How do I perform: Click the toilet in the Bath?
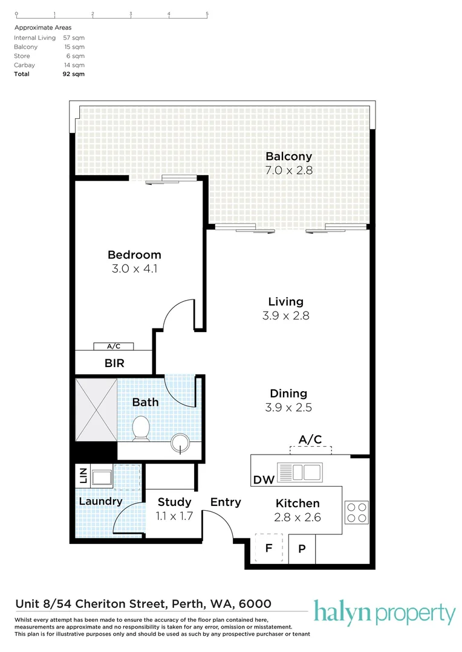tap(141, 428)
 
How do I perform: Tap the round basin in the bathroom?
tap(180, 443)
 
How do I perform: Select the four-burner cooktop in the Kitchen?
tap(357, 513)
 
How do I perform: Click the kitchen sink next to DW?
tap(299, 472)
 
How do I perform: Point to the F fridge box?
tap(269, 548)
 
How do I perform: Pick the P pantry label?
tap(302, 549)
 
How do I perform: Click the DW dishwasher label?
tap(264, 480)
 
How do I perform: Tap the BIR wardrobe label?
tap(114, 363)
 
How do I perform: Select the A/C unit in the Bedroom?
tap(114, 346)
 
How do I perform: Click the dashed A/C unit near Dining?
tap(311, 450)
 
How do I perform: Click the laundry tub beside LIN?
tap(102, 478)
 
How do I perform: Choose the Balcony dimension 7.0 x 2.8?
tap(288, 170)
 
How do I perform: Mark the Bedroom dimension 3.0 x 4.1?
tap(134, 269)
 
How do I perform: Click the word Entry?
tap(226, 502)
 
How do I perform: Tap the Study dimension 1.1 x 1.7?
tap(174, 516)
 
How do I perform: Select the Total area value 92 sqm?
tap(74, 74)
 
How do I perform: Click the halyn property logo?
tap(385, 613)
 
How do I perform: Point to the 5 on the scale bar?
tap(207, 14)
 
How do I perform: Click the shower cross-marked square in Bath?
tap(96, 409)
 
